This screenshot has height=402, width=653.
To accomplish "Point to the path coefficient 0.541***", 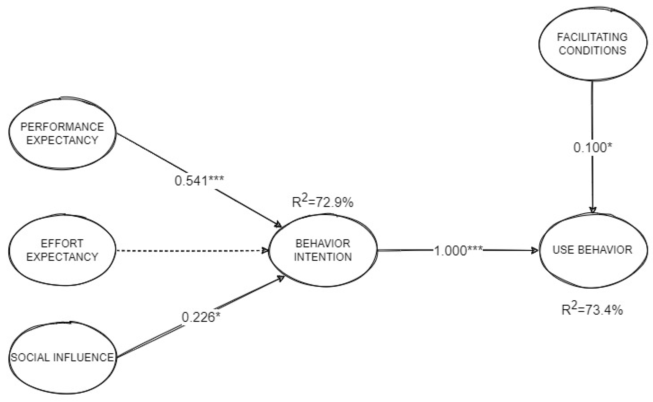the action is (199, 181).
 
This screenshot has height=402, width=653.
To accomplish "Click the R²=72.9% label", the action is (323, 202).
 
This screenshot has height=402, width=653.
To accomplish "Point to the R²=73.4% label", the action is (592, 309).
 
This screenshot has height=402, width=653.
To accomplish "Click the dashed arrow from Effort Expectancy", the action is (192, 250).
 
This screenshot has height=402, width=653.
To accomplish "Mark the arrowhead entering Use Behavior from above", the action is (593, 210).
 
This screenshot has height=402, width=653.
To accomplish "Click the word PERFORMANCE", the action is (62, 127).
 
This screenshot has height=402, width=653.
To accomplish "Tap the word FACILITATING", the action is (592, 37).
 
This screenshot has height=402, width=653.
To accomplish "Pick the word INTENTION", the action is (323, 257).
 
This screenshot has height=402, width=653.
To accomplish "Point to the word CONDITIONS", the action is (592, 50).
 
